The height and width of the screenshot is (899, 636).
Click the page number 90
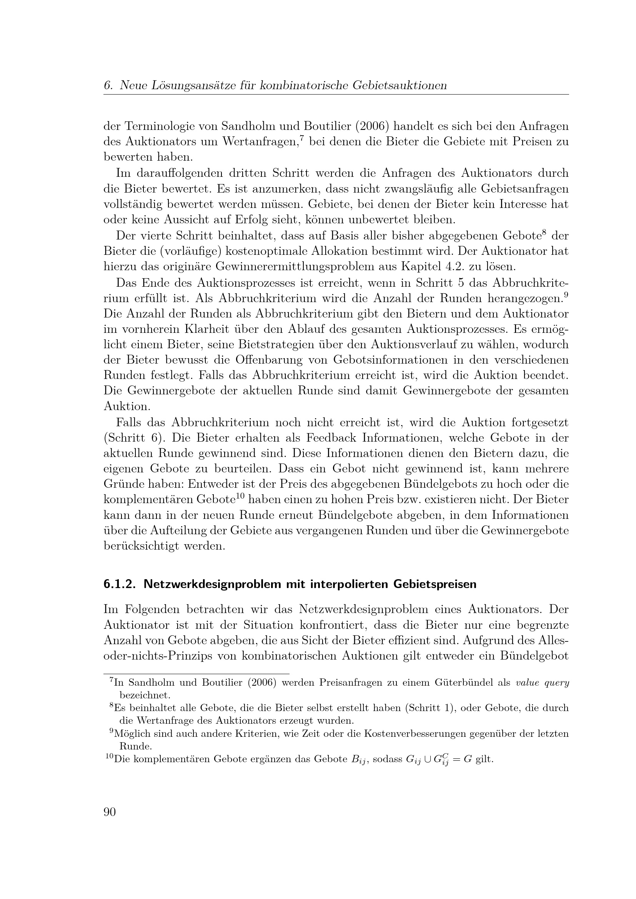pyautogui.click(x=110, y=812)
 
